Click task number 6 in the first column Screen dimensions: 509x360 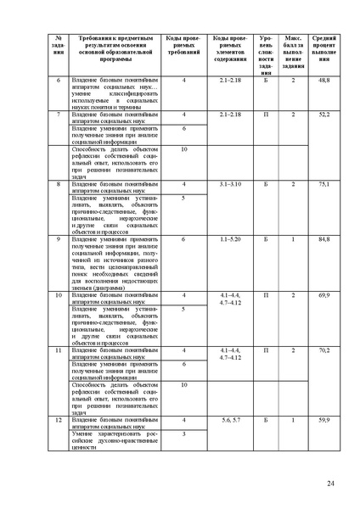59,79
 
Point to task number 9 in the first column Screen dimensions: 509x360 59,240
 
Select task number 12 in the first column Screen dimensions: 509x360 59,420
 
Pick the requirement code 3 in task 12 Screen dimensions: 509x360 183,433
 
